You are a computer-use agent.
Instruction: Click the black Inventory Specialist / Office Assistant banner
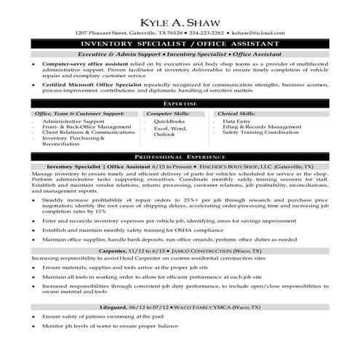(180, 44)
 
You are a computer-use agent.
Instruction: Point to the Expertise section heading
(180, 104)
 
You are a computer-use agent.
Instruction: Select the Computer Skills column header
(169, 114)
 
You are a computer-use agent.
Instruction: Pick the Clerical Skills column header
(237, 114)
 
